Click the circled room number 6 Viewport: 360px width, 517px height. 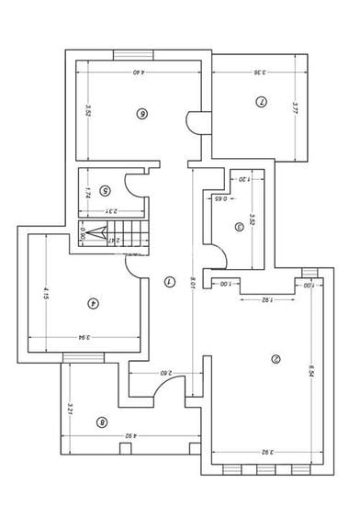pyautogui.click(x=141, y=114)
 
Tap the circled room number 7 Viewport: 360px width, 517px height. pyautogui.click(x=261, y=102)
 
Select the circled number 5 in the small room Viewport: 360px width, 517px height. pyautogui.click(x=106, y=191)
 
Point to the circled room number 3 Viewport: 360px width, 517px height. pyautogui.click(x=240, y=226)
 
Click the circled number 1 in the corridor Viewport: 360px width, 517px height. pyautogui.click(x=168, y=282)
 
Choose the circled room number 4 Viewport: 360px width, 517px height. pyautogui.click(x=93, y=303)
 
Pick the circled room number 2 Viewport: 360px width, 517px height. pyautogui.click(x=275, y=359)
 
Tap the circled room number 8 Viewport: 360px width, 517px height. pyautogui.click(x=101, y=422)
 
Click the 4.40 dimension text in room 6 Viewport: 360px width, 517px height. pyautogui.click(x=140, y=72)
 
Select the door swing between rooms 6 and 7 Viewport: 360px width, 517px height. pyautogui.click(x=194, y=122)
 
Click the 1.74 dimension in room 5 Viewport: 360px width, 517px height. pyautogui.click(x=86, y=194)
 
